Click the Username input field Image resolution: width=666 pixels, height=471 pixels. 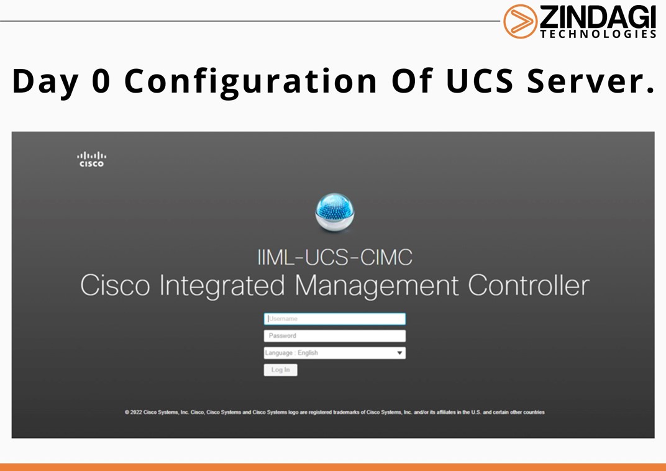(334, 319)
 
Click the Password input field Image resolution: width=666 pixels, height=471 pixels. (334, 336)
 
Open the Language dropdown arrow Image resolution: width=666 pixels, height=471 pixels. (399, 353)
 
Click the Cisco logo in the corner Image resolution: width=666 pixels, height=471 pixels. (91, 159)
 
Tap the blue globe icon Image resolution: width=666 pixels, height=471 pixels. (334, 212)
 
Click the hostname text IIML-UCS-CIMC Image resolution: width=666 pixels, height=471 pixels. (334, 257)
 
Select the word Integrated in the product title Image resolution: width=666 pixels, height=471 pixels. (222, 286)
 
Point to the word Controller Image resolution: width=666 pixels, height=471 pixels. (528, 286)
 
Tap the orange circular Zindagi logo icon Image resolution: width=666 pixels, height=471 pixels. (520, 21)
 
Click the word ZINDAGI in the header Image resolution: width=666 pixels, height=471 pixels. (597, 17)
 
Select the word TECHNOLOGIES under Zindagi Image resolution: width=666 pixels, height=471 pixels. (598, 34)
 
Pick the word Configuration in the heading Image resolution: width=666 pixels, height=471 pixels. (251, 81)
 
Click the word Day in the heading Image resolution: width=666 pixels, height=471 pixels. (45, 81)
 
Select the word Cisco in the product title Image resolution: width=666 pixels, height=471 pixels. (115, 286)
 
